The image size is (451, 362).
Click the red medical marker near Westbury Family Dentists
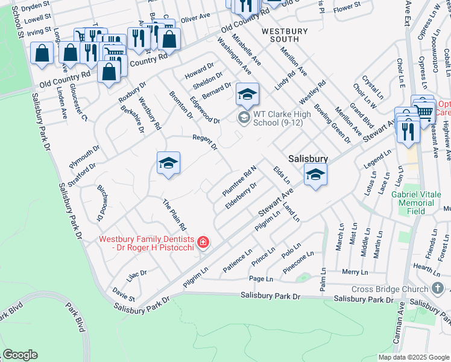[203, 243]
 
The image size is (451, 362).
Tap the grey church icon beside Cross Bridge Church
[437, 288]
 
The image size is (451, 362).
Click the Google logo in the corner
[20, 354]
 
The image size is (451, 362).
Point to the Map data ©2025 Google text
[414, 357]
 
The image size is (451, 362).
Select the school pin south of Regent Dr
[169, 163]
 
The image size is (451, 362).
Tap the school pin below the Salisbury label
[315, 175]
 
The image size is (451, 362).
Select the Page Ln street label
[261, 279]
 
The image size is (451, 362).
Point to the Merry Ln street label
[350, 272]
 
